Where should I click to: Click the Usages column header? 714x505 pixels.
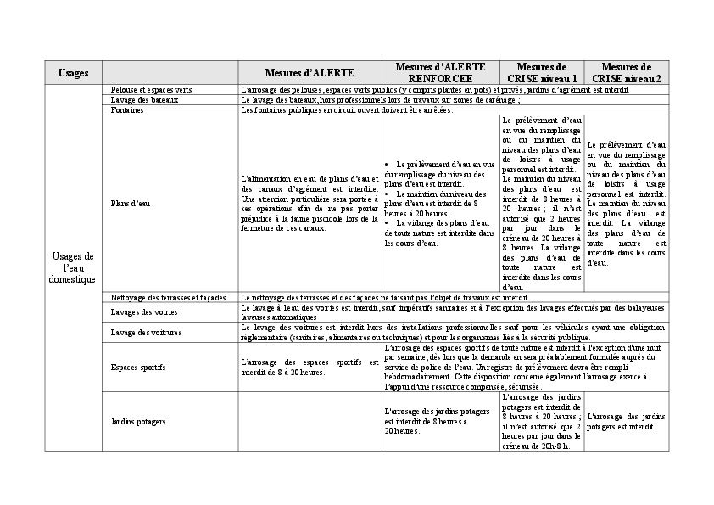coord(73,73)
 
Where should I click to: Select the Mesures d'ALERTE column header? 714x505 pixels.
coord(309,73)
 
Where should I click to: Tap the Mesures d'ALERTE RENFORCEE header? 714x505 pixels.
coord(440,72)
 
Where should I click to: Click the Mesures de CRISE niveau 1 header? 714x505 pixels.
coord(541,72)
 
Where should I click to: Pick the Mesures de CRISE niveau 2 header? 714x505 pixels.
coord(626,72)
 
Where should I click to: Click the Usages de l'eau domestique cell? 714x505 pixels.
coord(73,267)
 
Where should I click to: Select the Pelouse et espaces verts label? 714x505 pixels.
coord(151,89)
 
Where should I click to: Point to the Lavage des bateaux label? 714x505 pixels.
coord(144,99)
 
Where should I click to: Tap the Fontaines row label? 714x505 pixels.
coord(127,109)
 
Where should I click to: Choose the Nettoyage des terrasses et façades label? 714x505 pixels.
coord(168,297)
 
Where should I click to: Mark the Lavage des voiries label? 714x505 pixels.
coord(143,311)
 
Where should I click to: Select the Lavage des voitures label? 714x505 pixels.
coord(146,332)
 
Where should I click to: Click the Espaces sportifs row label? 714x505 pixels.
coord(138,368)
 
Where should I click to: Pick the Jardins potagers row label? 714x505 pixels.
coord(138,421)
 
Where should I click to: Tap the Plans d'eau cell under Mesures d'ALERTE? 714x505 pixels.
coord(310,204)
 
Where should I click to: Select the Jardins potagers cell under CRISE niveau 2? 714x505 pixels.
coord(626,421)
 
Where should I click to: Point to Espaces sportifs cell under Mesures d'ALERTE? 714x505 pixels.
coord(310,368)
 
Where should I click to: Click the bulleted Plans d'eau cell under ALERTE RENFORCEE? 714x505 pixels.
coord(439,204)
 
